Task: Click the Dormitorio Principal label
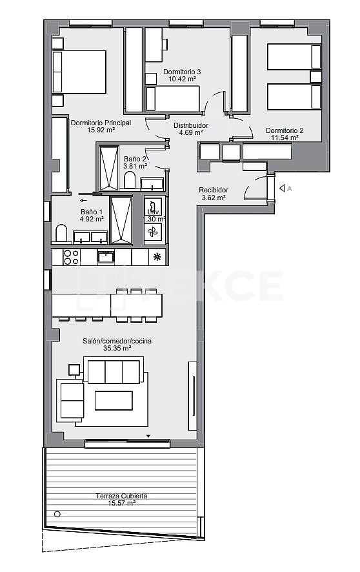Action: tap(101, 122)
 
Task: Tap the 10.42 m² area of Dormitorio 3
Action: tap(182, 79)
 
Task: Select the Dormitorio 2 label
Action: tap(284, 130)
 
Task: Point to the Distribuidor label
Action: tap(191, 125)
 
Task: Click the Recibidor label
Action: tap(213, 190)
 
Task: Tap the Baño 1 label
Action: tap(92, 212)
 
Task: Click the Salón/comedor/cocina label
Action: tap(117, 341)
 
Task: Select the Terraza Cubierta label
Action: tap(122, 496)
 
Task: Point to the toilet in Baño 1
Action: tap(62, 234)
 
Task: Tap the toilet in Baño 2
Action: tap(130, 181)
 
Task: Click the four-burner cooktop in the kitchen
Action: tap(70, 257)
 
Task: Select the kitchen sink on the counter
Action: tap(106, 257)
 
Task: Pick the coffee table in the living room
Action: tap(114, 400)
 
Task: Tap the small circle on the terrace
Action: tap(58, 515)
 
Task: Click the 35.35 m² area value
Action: tap(117, 349)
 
